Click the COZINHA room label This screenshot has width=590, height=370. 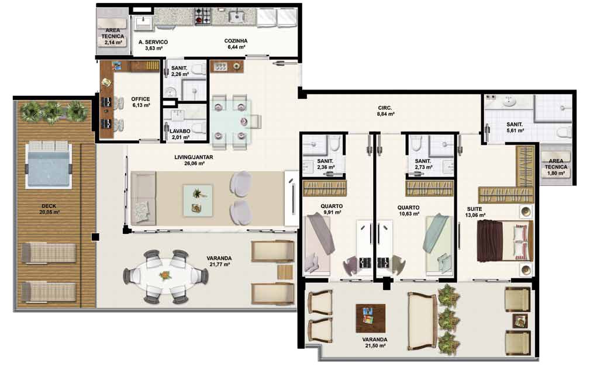pyautogui.click(x=236, y=40)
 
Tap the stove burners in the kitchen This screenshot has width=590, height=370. pyautogui.click(x=203, y=17)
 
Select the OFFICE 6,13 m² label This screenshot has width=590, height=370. pyautogui.click(x=141, y=102)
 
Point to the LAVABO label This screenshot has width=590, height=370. pyautogui.click(x=180, y=131)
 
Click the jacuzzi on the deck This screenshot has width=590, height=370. pyautogui.click(x=48, y=165)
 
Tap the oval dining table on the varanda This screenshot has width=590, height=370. pyautogui.click(x=165, y=276)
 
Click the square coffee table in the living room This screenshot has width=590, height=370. pyautogui.click(x=198, y=200)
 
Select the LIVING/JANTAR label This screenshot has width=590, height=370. pyautogui.click(x=194, y=157)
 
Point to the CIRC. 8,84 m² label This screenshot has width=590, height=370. pyautogui.click(x=385, y=110)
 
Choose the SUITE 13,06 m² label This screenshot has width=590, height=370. pyautogui.click(x=475, y=212)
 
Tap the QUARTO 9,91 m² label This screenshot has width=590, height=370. pyautogui.click(x=332, y=209)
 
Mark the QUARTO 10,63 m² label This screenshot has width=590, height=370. pyautogui.click(x=409, y=210)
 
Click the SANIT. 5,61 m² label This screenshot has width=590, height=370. pyautogui.click(x=515, y=127)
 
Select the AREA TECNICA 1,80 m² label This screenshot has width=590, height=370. pyautogui.click(x=556, y=167)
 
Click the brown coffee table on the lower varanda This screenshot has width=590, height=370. pyautogui.click(x=371, y=319)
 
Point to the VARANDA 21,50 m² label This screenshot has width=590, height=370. pyautogui.click(x=375, y=342)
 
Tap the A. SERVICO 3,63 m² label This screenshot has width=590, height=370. pyautogui.click(x=153, y=45)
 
